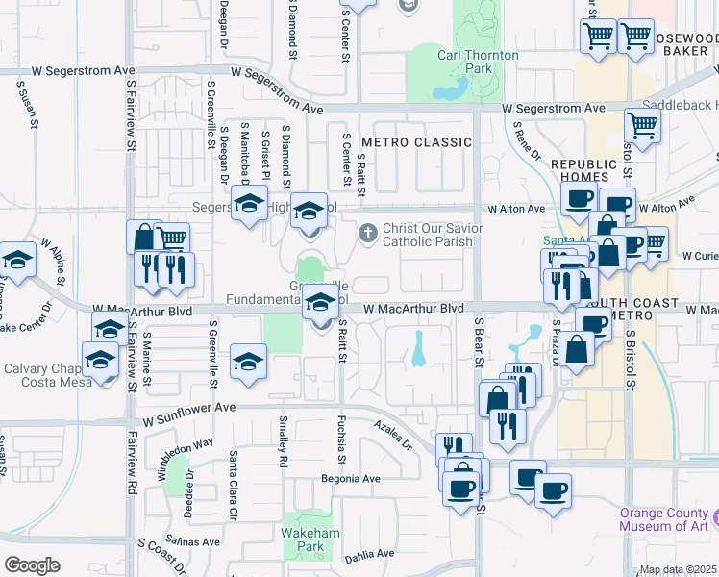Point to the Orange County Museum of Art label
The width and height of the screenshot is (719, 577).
(x=664, y=519)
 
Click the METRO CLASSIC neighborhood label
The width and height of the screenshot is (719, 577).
(x=416, y=142)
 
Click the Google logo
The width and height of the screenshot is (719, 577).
(x=32, y=565)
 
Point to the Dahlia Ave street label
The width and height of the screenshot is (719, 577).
(x=369, y=553)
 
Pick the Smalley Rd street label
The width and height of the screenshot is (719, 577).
(x=284, y=441)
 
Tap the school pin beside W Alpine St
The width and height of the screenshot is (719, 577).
(x=16, y=260)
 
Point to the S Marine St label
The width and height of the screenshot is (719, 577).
(x=147, y=352)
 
